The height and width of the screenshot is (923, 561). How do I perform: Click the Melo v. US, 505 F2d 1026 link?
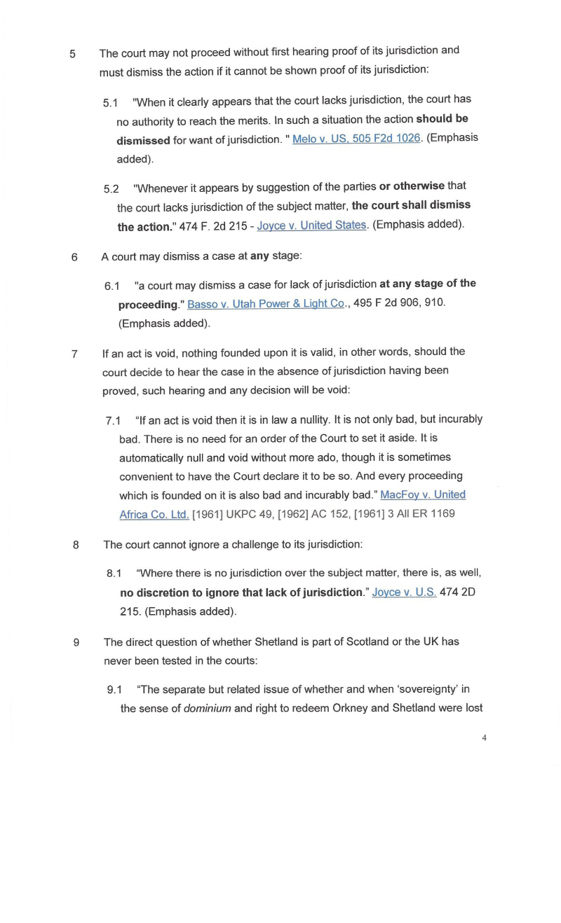coord(356,139)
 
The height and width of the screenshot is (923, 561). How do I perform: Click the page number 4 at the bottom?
coord(485,737)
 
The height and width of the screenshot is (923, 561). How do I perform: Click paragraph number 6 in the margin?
coord(74,257)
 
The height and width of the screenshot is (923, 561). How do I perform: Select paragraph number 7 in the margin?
coord(74,354)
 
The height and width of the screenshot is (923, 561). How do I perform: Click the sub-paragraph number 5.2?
coord(111,188)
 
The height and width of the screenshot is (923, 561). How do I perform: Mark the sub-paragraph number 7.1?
coord(114,421)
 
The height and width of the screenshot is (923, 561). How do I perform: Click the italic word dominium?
coord(207,708)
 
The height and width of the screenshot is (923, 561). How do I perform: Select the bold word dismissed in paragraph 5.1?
coord(143,141)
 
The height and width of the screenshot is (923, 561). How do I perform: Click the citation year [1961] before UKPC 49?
coord(207,514)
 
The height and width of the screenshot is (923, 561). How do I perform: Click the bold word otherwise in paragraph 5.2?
coord(411,186)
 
